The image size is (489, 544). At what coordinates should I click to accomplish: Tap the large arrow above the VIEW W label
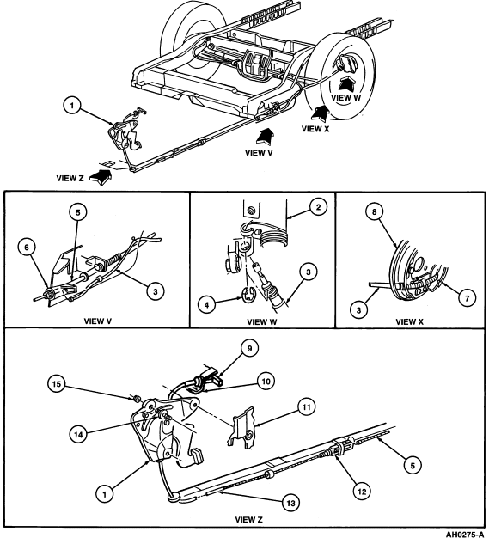click(345, 87)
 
